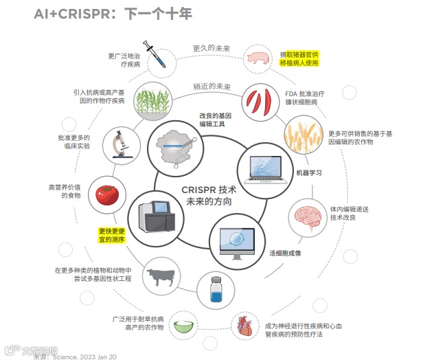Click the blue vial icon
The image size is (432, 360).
(x=217, y=288)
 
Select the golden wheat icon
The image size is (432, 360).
(x=302, y=135)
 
